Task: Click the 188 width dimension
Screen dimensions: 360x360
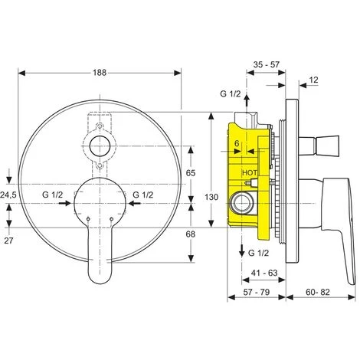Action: [100, 73]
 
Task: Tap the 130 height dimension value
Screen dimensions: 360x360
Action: [211, 197]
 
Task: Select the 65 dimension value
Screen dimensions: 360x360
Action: [191, 173]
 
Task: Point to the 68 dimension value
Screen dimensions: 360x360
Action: [191, 234]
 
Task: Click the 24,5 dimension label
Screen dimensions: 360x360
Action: [8, 195]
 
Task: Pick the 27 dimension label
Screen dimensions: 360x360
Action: [8, 241]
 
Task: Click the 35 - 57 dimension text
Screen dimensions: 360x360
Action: [267, 64]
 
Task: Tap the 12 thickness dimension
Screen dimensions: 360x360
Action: [314, 80]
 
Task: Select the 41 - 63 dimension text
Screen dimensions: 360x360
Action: [264, 273]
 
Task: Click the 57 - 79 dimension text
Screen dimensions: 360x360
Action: [257, 292]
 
